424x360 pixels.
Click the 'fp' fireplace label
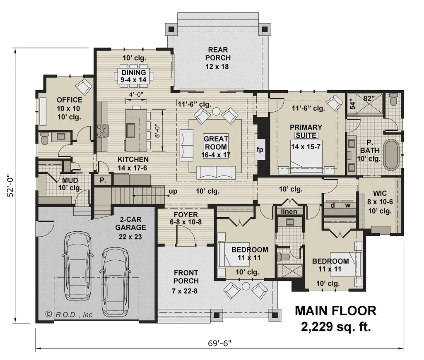(260, 150)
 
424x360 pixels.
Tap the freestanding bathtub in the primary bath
(391, 155)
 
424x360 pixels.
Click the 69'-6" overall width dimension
(220, 343)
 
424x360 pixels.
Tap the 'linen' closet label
(289, 211)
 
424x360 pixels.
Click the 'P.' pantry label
(102, 180)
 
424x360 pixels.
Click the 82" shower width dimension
(368, 98)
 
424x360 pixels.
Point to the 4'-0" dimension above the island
(136, 94)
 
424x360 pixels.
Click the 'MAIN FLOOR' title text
(335, 310)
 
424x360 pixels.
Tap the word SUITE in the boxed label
(306, 135)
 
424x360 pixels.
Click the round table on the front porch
(246, 286)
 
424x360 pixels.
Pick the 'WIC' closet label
(380, 193)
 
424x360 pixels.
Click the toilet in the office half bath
(45, 138)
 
